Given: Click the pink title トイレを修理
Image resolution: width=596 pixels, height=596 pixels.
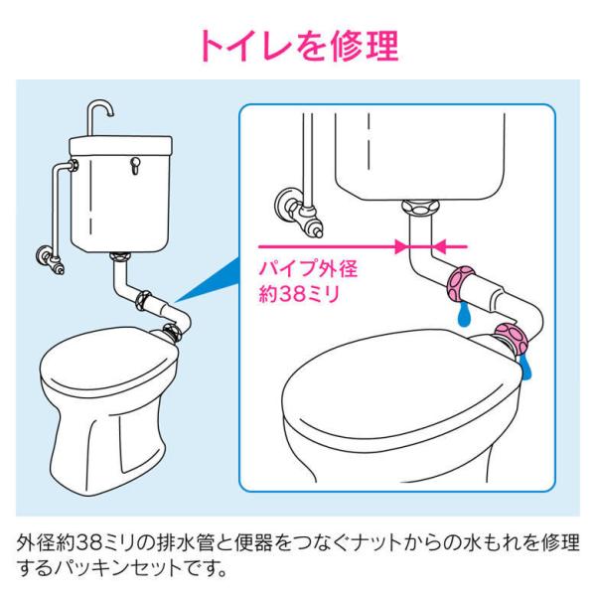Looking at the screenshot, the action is point(298,46).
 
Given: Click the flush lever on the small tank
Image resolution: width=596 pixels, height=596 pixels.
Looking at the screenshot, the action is point(134,166).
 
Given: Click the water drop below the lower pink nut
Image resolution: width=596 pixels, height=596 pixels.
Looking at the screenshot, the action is point(526,368).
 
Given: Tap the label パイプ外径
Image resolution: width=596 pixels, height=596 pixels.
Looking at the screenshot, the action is point(308,269).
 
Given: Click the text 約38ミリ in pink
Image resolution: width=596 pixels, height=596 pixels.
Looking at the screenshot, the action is point(299,294).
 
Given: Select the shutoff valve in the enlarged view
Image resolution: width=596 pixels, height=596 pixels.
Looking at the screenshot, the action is point(298,212).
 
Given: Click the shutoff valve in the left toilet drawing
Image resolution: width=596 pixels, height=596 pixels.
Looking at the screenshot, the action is point(51,259).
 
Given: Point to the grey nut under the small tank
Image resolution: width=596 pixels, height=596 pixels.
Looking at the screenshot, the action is point(121,256).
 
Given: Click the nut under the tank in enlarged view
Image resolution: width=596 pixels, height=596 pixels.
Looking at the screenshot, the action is point(420,208).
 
